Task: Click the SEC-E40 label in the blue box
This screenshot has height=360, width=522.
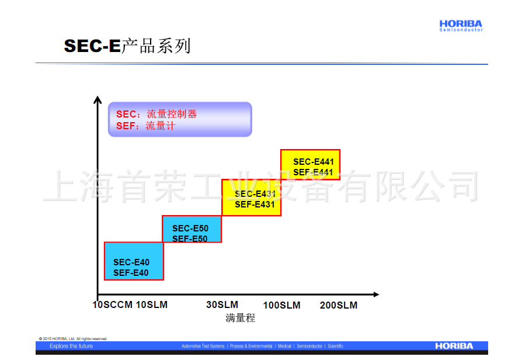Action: click(131, 262)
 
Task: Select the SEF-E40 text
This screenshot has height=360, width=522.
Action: click(131, 273)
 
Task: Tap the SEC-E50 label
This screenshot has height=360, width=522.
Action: click(190, 229)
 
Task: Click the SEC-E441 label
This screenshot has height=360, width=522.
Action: click(313, 162)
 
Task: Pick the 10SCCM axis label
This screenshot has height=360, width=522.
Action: click(113, 305)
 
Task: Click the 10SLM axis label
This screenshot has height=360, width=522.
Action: click(152, 305)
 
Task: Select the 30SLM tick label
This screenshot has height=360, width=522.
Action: click(222, 305)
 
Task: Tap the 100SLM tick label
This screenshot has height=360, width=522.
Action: click(281, 306)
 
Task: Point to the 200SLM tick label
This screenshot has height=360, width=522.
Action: click(339, 306)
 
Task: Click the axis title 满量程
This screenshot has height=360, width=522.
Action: click(241, 319)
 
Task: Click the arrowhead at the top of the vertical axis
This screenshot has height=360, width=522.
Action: click(98, 100)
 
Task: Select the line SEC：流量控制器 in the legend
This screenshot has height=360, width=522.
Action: click(156, 114)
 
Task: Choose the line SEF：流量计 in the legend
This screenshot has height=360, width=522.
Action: click(145, 126)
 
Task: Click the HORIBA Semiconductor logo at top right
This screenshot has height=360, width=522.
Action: click(461, 26)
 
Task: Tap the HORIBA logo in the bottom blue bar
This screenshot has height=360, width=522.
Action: click(454, 346)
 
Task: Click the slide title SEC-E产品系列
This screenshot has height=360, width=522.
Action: click(127, 46)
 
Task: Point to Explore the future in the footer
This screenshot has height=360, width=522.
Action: click(71, 346)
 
